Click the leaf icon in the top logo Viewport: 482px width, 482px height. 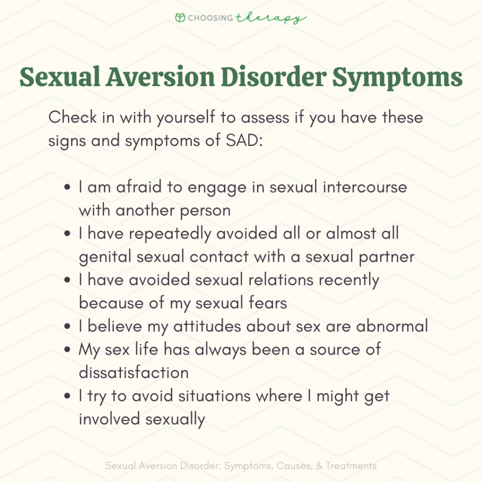[180, 18]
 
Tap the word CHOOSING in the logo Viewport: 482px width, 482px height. [210, 18]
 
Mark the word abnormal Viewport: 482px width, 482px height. [393, 326]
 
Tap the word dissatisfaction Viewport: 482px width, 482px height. [134, 372]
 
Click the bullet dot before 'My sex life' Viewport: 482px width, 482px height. [69, 350]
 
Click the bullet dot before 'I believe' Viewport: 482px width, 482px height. [69, 326]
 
